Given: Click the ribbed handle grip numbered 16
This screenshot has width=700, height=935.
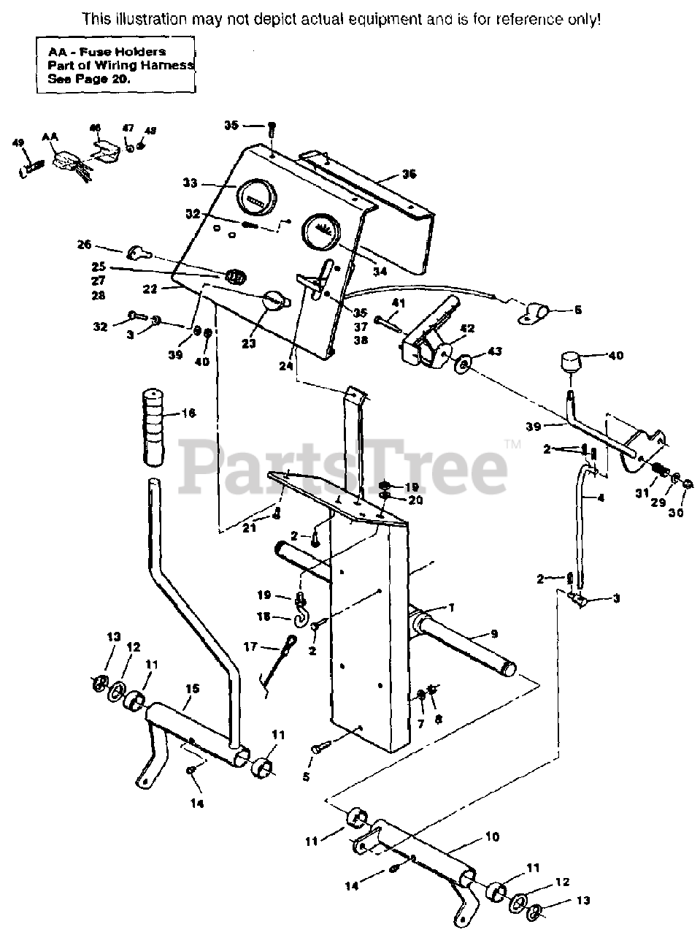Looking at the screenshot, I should [154, 428].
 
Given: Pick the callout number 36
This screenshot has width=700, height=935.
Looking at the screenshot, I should [409, 175].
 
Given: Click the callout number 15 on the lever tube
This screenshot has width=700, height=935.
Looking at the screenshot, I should [191, 688].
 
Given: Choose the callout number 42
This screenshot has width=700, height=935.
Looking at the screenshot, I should [467, 328].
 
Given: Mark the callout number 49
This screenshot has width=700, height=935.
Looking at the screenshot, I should [18, 143].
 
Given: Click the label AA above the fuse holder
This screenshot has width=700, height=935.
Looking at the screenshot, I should [50, 137].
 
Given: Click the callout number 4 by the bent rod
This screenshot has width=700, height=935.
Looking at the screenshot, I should [600, 498].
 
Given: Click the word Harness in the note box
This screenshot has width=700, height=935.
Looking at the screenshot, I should [170, 66].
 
